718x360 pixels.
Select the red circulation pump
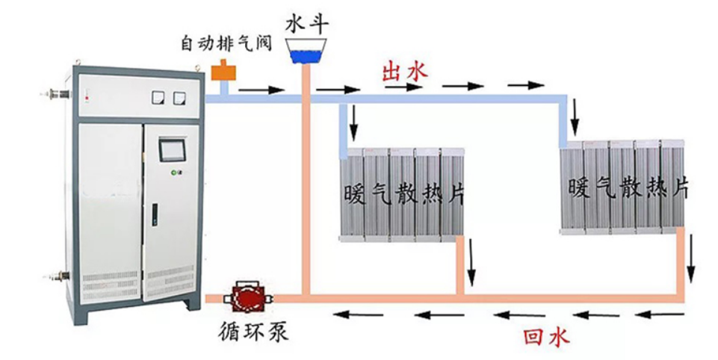[245, 298]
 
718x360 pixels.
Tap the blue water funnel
[308, 53]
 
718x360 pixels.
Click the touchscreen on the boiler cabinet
[173, 149]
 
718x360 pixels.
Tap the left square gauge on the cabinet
[158, 97]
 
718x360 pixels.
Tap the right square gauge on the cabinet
[179, 97]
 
